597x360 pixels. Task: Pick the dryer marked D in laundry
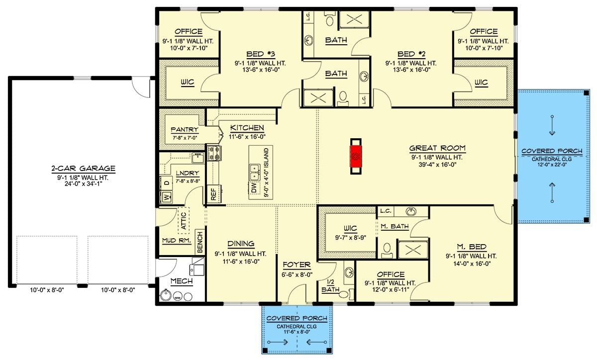[166, 182]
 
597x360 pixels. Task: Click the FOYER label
[297, 265]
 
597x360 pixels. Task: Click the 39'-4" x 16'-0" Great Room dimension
[437, 165]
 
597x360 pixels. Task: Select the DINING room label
[241, 244]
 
